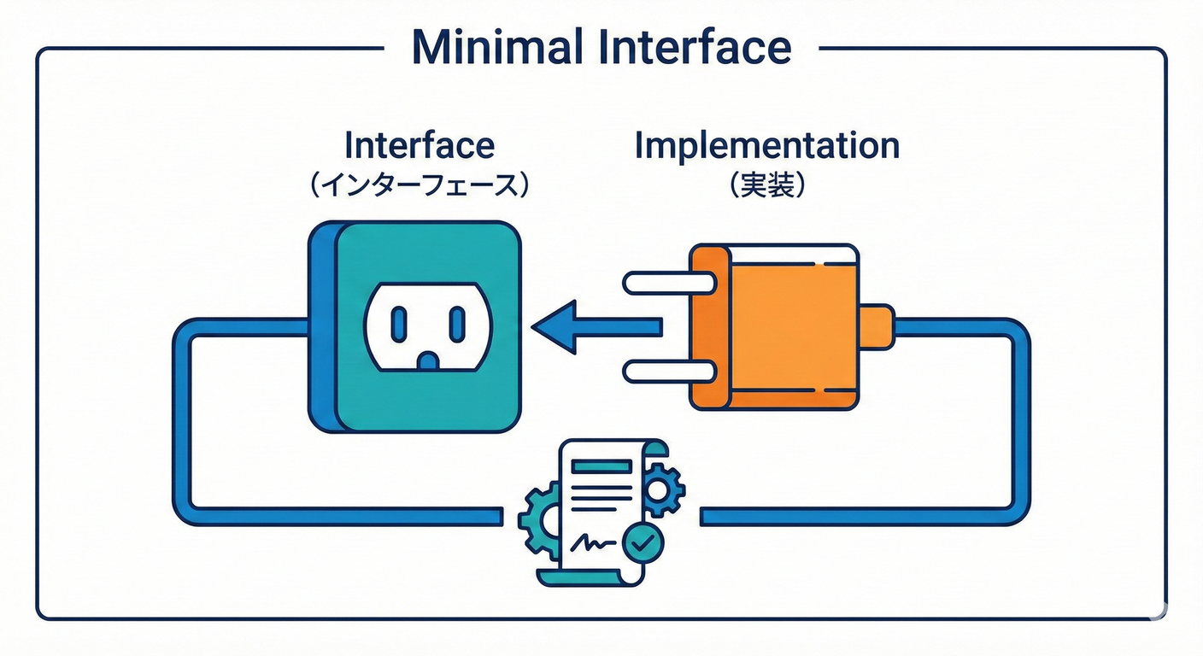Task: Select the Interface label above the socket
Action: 419,145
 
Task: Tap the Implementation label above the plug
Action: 766,145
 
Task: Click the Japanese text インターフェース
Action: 419,185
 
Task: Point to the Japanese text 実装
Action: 766,185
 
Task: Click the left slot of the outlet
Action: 398,324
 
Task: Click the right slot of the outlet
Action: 457,324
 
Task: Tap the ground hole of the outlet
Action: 427,359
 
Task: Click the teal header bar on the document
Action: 601,466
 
